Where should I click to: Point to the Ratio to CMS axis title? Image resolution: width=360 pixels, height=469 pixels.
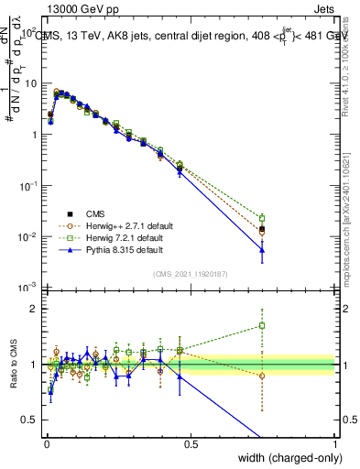pos(13,367)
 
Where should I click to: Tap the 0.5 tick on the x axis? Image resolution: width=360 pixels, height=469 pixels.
pos(191,444)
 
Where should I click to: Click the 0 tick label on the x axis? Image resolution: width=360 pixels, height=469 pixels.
pos(46,444)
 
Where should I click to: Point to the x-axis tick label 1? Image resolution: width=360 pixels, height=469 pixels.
pos(334,444)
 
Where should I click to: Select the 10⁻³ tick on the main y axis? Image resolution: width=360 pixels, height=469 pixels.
pos(27,288)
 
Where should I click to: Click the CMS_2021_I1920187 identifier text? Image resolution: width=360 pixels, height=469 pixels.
pos(191,273)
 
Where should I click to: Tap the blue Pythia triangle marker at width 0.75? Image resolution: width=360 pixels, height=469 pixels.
pos(262,249)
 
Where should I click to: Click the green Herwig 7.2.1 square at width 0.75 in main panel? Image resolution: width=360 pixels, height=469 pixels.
pos(262,218)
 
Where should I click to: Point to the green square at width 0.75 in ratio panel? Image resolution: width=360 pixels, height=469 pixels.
pos(262,325)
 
